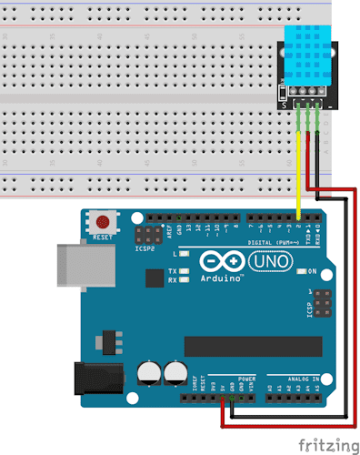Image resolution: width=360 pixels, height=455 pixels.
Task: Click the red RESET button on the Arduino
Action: pos(104,221)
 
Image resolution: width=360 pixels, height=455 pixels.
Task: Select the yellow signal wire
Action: pos(297,173)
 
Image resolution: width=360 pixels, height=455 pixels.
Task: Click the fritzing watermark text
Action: pos(327,445)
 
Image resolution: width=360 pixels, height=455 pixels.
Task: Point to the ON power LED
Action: pos(302,272)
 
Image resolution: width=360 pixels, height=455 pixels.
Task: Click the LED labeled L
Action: pos(184,254)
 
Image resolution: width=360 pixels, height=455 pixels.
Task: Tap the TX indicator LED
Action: pos(184,271)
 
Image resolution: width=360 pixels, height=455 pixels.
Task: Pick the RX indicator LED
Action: pos(184,280)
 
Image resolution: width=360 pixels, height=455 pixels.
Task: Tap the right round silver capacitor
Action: pos(175,372)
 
